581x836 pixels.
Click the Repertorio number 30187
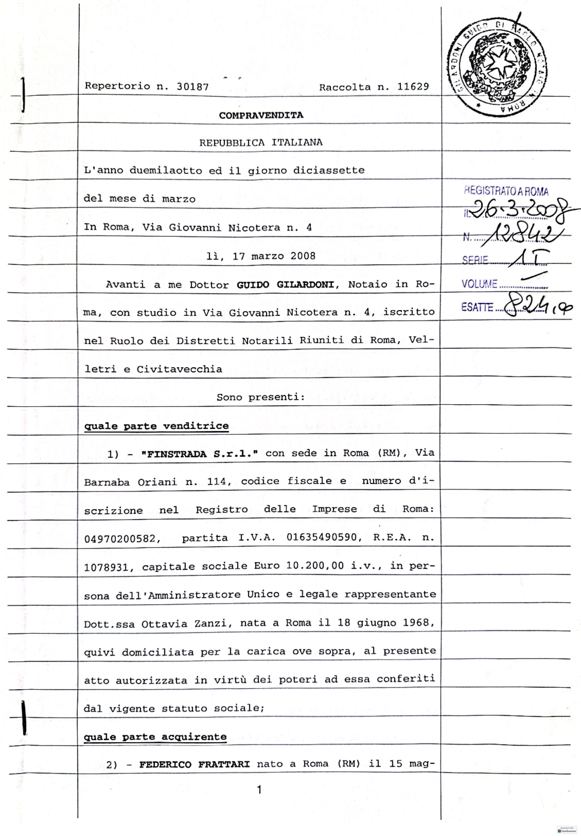pyautogui.click(x=193, y=87)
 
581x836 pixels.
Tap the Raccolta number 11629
pyautogui.click(x=413, y=87)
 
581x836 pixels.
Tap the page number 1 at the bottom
pyautogui.click(x=259, y=790)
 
